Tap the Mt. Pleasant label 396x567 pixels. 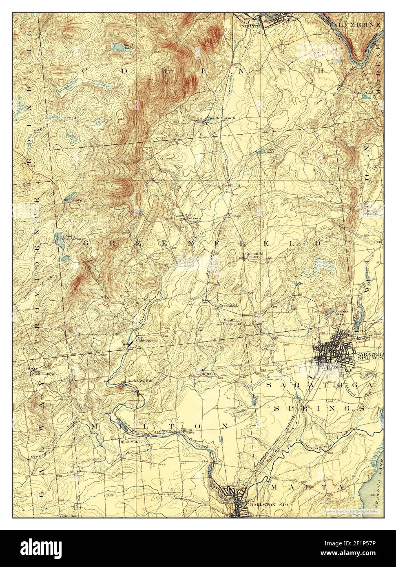click(x=74, y=200)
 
